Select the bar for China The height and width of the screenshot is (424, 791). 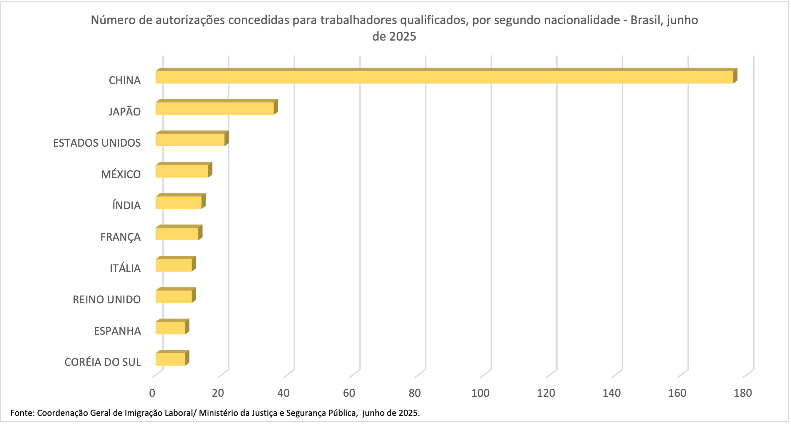coord(444,77)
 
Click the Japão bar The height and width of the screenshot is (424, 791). coord(214,109)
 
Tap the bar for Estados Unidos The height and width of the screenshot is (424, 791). coord(190,140)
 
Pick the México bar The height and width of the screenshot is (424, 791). coord(181,171)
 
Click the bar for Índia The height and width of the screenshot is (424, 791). coord(178,202)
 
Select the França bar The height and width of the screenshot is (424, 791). coord(176,234)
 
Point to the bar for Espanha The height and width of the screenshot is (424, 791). coord(170,328)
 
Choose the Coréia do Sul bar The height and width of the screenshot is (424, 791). coord(170,359)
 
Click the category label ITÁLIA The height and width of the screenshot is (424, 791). coord(125,268)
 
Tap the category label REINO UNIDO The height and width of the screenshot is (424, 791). coord(106,299)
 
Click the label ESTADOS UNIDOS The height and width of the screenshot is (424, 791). coord(97,143)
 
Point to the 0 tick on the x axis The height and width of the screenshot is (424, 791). coord(152,393)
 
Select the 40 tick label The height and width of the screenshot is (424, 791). coord(283,393)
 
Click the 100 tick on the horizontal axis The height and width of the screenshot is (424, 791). coord(480,393)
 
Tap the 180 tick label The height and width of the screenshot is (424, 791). coord(742,393)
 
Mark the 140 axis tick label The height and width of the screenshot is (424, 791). coord(611,393)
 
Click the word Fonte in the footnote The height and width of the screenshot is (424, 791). coord(22,413)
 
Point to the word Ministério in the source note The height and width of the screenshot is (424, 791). coord(218,413)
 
